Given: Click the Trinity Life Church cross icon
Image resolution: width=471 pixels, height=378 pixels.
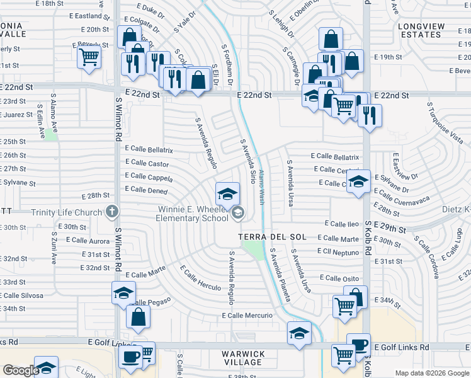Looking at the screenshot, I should [x=112, y=212].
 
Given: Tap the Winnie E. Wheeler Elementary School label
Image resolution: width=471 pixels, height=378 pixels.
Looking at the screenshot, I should [x=192, y=214].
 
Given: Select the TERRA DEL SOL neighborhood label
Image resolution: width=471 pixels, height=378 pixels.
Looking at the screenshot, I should [x=272, y=237].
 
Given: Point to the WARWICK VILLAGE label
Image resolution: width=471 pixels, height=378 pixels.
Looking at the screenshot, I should [x=242, y=358].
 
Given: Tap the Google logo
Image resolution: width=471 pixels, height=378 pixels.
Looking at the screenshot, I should [x=20, y=370].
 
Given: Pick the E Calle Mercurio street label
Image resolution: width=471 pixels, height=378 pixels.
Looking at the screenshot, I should [x=247, y=315].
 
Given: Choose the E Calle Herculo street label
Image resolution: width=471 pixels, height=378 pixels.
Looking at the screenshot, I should [x=200, y=278].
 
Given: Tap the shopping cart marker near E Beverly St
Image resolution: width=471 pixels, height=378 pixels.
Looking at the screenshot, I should [x=89, y=57].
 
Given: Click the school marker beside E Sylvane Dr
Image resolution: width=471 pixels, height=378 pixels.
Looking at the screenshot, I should [x=358, y=182].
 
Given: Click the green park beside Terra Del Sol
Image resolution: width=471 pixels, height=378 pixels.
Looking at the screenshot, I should [x=254, y=250].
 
